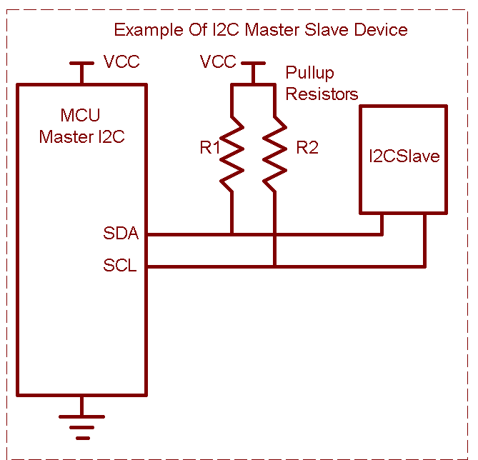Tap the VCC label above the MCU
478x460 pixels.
tap(121, 62)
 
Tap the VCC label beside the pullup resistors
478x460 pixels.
tap(218, 62)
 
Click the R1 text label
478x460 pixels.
tap(210, 149)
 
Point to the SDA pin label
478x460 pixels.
tap(121, 234)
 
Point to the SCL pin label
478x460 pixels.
tap(120, 266)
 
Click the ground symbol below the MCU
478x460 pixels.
tap(82, 426)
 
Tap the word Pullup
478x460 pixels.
tap(309, 74)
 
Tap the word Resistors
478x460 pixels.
tap(322, 94)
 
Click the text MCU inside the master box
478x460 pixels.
tap(80, 116)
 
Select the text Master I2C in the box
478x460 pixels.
tap(81, 136)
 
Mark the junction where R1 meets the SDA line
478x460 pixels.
tap(232, 234)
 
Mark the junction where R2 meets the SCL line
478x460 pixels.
tap(275, 266)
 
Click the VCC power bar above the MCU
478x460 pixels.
tap(82, 64)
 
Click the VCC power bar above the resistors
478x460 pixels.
tap(253, 64)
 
